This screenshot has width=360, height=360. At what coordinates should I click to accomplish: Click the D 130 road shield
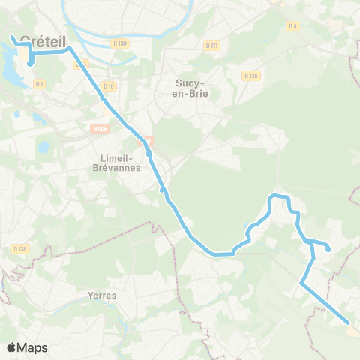120,43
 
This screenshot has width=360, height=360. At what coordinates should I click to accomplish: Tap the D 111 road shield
211,46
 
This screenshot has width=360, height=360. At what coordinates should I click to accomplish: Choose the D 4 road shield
292,26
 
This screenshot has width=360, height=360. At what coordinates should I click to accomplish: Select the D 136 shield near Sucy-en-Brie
250,75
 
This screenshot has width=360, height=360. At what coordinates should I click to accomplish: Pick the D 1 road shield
38,83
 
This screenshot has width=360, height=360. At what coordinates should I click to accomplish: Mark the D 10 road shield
109,86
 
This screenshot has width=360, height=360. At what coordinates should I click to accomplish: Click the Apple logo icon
11,348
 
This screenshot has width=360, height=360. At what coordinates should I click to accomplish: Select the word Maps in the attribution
32,348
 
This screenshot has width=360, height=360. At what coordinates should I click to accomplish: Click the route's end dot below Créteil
30,64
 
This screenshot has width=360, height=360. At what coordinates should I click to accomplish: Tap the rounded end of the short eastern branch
328,250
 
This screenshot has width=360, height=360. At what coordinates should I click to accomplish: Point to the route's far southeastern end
349,323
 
